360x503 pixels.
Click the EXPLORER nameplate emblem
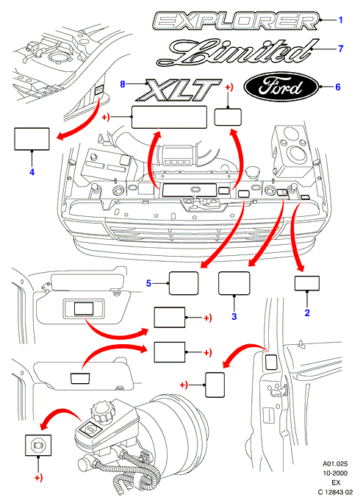click(236, 21)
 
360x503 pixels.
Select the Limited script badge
click(238, 52)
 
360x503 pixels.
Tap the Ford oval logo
click(281, 86)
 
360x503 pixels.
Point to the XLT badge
click(179, 90)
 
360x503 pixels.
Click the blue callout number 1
click(340, 20)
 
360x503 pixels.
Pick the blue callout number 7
click(340, 49)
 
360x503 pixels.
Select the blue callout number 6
click(337, 87)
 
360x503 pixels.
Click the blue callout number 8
click(123, 84)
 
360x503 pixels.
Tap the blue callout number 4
click(32, 172)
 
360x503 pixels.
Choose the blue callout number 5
click(148, 283)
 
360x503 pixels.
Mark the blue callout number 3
click(234, 316)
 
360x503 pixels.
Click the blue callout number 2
click(307, 313)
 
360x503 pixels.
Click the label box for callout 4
click(32, 139)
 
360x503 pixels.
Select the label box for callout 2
click(307, 283)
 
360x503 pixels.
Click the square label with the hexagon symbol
click(38, 445)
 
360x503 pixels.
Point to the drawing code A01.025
click(335, 463)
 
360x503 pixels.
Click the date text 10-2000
click(335, 473)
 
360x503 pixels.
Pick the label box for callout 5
click(184, 283)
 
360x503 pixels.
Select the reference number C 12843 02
click(335, 492)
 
